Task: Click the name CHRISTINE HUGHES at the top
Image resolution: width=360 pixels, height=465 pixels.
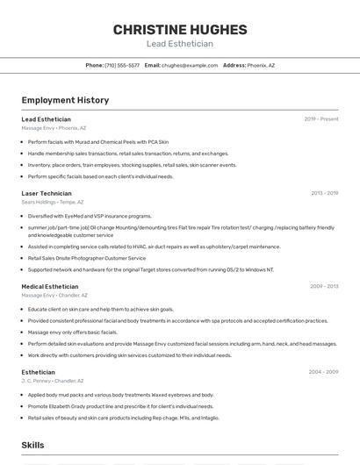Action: [x=179, y=30]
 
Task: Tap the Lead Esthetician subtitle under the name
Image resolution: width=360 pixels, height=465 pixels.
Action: [x=179, y=44]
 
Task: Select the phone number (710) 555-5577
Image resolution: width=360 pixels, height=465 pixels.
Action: [x=122, y=66]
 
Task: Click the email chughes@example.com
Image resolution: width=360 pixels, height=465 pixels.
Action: [x=190, y=66]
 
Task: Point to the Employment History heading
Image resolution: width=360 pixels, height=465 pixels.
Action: [x=65, y=100]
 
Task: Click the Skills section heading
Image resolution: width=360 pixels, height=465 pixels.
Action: [x=32, y=445]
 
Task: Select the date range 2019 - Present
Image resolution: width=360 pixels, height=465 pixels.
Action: [x=321, y=118]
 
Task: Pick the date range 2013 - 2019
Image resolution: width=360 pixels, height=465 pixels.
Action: [x=324, y=193]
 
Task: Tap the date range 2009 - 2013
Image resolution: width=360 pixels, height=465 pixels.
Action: [x=324, y=287]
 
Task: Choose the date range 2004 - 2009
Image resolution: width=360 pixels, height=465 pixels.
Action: [x=323, y=372]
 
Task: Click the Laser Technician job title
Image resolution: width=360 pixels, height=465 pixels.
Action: [x=47, y=193]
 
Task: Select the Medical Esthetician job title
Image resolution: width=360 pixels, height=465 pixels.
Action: [x=50, y=287]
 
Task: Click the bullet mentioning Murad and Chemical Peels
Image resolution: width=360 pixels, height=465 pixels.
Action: [x=98, y=141]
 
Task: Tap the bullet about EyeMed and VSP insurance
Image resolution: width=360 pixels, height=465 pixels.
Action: [x=90, y=216]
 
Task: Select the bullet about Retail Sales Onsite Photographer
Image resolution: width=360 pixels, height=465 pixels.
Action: [x=87, y=258]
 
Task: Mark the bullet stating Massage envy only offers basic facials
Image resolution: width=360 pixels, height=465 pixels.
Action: [x=73, y=333]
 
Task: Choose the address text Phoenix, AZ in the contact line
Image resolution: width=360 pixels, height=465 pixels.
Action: [x=261, y=66]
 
